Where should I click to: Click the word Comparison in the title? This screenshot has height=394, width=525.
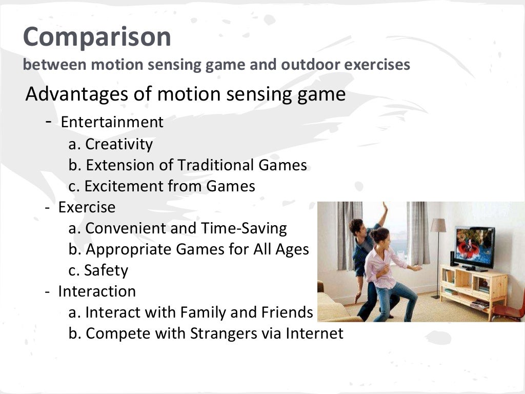coord(97,37)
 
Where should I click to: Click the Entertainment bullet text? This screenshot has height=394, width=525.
coord(112,122)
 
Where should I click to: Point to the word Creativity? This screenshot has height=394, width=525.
coord(119,144)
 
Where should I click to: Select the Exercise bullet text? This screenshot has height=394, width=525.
coord(87,207)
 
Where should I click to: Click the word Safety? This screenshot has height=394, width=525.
coord(106,270)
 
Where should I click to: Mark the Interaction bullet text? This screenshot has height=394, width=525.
coord(97,291)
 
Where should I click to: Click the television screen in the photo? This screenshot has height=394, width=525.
coord(475,245)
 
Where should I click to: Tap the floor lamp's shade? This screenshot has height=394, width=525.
coord(438,225)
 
